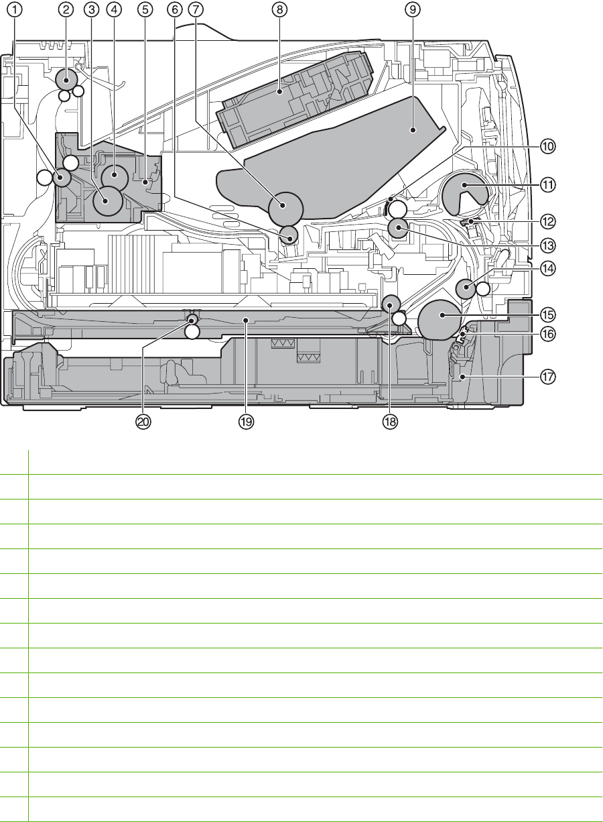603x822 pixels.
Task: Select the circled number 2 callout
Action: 66,9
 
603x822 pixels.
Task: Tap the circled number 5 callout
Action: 145,9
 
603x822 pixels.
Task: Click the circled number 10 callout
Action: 549,145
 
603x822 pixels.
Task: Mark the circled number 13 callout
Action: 549,243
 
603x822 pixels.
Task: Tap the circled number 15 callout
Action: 549,314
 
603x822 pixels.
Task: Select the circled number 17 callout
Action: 549,377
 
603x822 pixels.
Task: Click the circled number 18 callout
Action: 390,422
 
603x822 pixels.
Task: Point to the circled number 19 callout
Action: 247,422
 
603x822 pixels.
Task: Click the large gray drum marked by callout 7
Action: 286,207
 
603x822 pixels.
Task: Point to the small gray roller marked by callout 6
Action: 289,235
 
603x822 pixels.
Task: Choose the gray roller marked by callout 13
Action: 399,229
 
